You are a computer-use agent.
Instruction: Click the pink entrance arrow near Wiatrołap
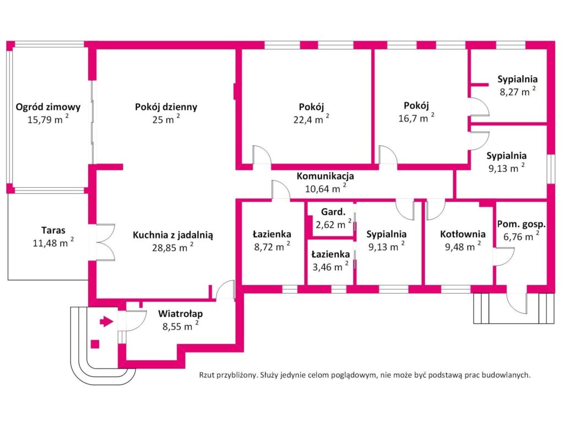tap(106, 321)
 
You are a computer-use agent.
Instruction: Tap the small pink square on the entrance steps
tap(95, 344)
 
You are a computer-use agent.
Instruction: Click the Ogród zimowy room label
tap(48, 107)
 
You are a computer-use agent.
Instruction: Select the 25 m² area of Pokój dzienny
tap(166, 119)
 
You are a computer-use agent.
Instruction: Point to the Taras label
tap(53, 230)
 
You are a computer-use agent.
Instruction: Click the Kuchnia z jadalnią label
tap(172, 235)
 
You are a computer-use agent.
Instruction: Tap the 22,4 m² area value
tap(311, 119)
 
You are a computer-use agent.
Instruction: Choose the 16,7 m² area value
tap(416, 118)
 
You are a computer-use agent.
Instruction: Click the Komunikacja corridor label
tap(325, 176)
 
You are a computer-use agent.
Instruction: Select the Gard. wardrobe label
tap(333, 212)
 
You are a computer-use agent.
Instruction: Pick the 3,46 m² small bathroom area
tap(330, 267)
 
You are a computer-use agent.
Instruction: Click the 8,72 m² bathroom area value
tap(272, 246)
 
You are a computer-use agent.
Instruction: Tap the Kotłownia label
tap(463, 234)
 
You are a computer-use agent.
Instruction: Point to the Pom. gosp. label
tap(521, 225)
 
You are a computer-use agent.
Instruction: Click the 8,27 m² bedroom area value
tap(518, 91)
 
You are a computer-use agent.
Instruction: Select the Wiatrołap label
tap(180, 313)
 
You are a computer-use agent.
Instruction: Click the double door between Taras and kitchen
tap(105, 242)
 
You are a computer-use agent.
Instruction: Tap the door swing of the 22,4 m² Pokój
tap(262, 155)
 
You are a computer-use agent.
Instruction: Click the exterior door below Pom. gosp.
tap(517, 303)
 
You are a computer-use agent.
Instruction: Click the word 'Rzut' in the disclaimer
tap(207, 375)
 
